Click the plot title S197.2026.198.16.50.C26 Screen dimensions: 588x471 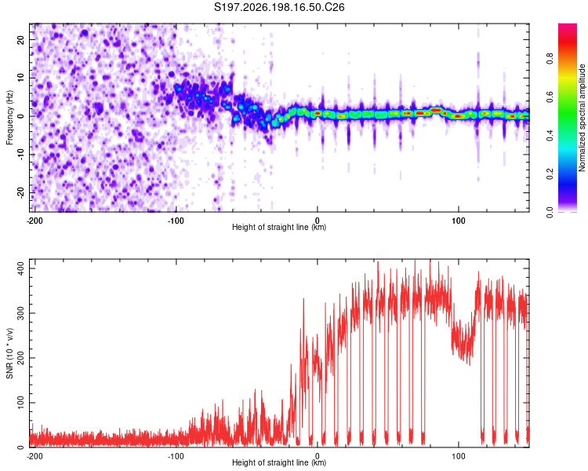[279, 7]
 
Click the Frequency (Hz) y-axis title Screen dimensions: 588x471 [9, 118]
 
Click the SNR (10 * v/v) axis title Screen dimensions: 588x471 [9, 353]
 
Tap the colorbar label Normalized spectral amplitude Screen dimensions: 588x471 [582, 118]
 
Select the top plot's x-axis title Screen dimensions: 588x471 [279, 227]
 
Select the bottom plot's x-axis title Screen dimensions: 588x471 [279, 462]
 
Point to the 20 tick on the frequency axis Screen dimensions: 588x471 [20, 40]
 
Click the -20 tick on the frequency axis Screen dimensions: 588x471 [20, 193]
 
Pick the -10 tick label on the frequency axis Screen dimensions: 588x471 [20, 155]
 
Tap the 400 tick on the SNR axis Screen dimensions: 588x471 [20, 268]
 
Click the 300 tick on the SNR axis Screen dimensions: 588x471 [20, 313]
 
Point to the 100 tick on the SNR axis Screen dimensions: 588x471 [20, 403]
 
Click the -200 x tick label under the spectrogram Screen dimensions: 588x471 [34, 221]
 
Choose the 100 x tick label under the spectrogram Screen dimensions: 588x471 [459, 221]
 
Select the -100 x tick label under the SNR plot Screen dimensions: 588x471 [176, 456]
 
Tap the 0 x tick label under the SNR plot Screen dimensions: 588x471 [318, 456]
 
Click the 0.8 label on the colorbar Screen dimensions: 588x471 [550, 59]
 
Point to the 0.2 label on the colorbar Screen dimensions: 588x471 [550, 174]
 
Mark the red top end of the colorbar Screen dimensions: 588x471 [568, 25]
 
